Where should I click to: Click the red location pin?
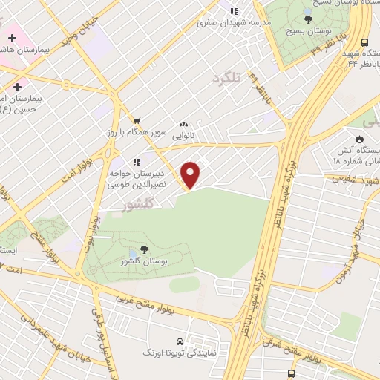(x=191, y=174)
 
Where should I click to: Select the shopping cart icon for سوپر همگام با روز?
(x=136, y=120)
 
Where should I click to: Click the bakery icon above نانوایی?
(x=183, y=125)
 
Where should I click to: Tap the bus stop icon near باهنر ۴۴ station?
(x=364, y=43)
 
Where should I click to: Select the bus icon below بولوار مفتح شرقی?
(x=290, y=373)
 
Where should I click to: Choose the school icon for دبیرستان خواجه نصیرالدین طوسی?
(x=136, y=162)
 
